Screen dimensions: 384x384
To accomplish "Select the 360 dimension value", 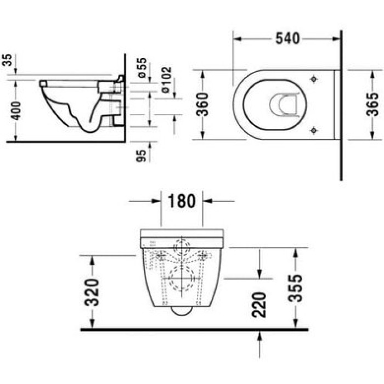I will (203, 104).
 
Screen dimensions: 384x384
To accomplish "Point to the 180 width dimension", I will (182, 201).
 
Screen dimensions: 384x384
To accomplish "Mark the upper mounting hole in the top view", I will (313, 78).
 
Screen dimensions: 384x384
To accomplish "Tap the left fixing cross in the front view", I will (162, 256).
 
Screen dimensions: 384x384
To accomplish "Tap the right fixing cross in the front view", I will (203, 256).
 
